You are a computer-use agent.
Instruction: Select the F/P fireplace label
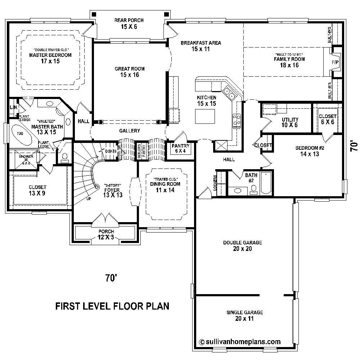tap(335, 62)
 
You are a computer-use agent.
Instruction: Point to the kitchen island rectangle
tap(205, 116)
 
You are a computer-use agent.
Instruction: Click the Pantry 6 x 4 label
tap(180, 148)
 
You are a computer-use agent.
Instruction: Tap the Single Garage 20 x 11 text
tap(244, 315)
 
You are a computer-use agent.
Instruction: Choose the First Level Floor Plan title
tap(112, 306)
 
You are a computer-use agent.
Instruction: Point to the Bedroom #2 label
tap(307, 151)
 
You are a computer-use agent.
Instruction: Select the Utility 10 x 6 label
tap(290, 122)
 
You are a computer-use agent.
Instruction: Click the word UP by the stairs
tap(88, 198)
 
